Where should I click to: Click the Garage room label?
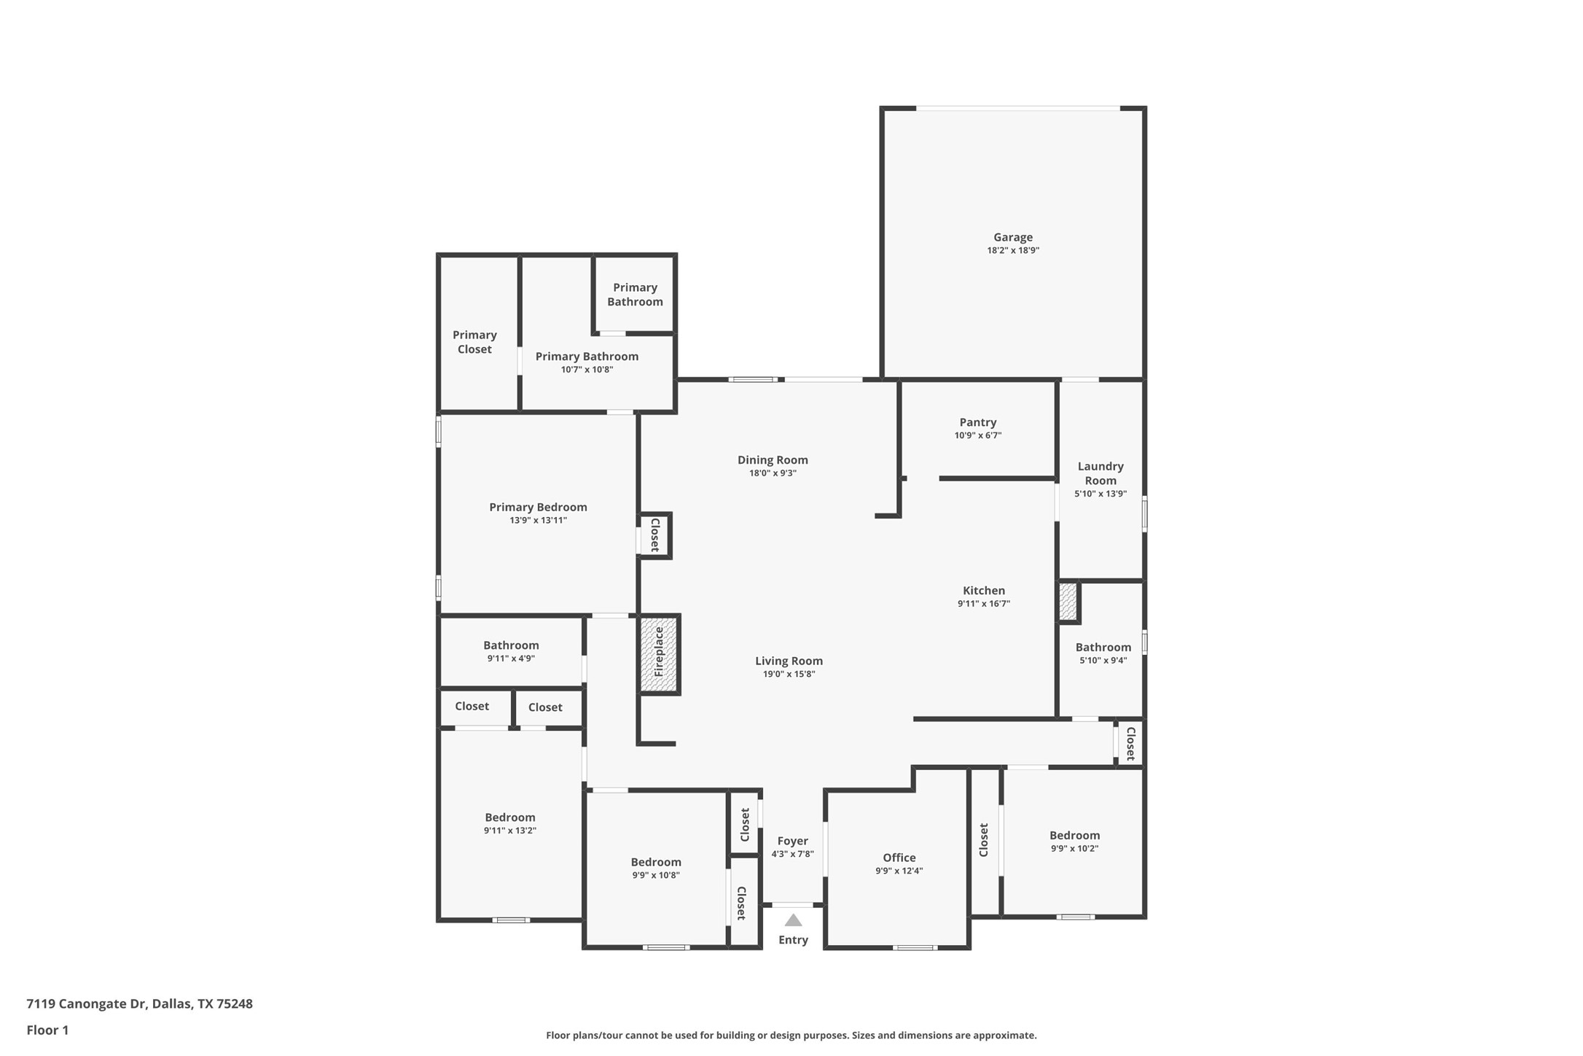(x=1012, y=237)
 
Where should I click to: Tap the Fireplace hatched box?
(x=658, y=653)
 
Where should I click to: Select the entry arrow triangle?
(x=793, y=920)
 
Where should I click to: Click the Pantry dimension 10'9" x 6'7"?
(x=977, y=435)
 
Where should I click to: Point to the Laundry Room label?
(x=1100, y=473)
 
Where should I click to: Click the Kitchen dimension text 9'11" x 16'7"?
(x=983, y=604)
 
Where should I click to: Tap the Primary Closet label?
(x=474, y=341)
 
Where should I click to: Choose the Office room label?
(x=899, y=858)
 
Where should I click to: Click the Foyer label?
(x=792, y=841)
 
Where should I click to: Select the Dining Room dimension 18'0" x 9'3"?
(x=773, y=473)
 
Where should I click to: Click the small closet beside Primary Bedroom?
(x=654, y=535)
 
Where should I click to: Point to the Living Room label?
(x=789, y=661)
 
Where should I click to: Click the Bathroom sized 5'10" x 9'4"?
(x=1103, y=653)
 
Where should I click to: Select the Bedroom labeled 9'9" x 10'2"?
(x=1074, y=841)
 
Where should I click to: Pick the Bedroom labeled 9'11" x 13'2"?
(x=510, y=823)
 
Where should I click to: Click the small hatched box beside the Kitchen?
(x=1068, y=602)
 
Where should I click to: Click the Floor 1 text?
(x=47, y=1030)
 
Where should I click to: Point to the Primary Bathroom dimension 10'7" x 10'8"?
(x=587, y=370)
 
